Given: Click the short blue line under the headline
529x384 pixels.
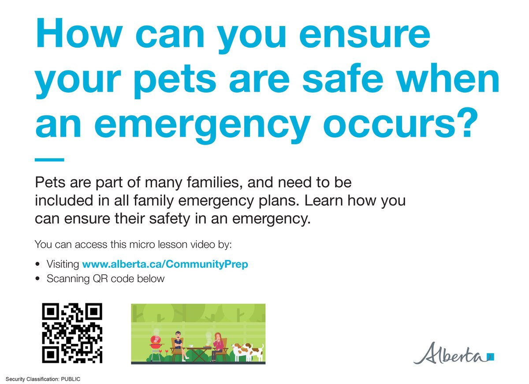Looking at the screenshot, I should click(x=49, y=160).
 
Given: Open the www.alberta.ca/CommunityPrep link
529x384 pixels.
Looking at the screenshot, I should click(x=165, y=265).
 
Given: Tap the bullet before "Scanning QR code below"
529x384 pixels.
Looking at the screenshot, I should click(x=38, y=279).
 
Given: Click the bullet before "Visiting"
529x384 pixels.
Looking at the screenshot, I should click(x=38, y=265).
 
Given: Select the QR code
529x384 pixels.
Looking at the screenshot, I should click(x=72, y=333).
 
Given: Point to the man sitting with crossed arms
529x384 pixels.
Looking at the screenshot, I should click(x=178, y=343).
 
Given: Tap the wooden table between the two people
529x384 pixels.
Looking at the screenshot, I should click(x=198, y=351).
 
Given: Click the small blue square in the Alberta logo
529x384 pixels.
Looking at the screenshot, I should click(x=491, y=356).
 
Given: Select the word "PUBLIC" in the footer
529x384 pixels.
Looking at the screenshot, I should click(x=70, y=379).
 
